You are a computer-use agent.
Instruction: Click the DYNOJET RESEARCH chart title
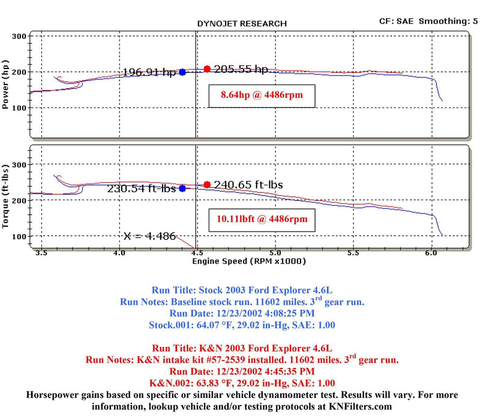pyautogui.click(x=242, y=23)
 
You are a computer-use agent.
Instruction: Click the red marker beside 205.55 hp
pyautogui.click(x=207, y=69)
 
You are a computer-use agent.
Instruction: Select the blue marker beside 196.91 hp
pyautogui.click(x=182, y=72)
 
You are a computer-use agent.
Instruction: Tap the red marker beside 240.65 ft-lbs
pyautogui.click(x=207, y=185)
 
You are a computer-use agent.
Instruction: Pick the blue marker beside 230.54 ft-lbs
pyautogui.click(x=182, y=188)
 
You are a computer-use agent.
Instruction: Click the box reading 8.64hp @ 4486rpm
pyautogui.click(x=262, y=95)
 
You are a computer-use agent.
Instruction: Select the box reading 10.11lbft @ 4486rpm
pyautogui.click(x=262, y=219)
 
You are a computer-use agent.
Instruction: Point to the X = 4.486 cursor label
pyautogui.click(x=150, y=236)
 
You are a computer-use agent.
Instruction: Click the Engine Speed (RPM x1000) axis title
pyautogui.click(x=249, y=262)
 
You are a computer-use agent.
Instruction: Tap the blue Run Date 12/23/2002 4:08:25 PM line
pyautogui.click(x=242, y=313)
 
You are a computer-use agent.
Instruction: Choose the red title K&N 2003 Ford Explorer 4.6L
pyautogui.click(x=242, y=348)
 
